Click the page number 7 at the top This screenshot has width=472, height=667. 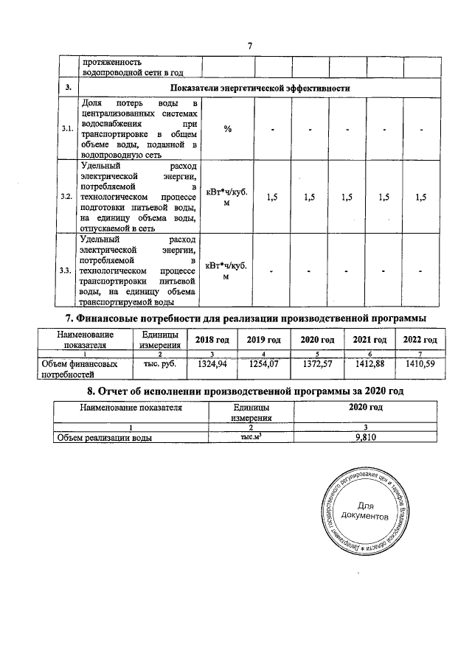tap(250, 46)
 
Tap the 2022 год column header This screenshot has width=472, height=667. tap(418, 339)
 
